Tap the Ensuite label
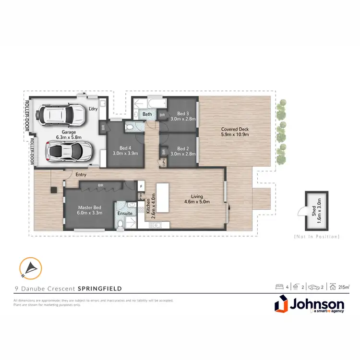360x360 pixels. coord(125,213)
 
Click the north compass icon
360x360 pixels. coord(30,268)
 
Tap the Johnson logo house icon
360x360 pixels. coord(282,305)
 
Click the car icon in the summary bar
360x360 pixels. coord(314,287)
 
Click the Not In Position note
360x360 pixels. coord(316,237)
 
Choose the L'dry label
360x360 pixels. coord(93,109)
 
